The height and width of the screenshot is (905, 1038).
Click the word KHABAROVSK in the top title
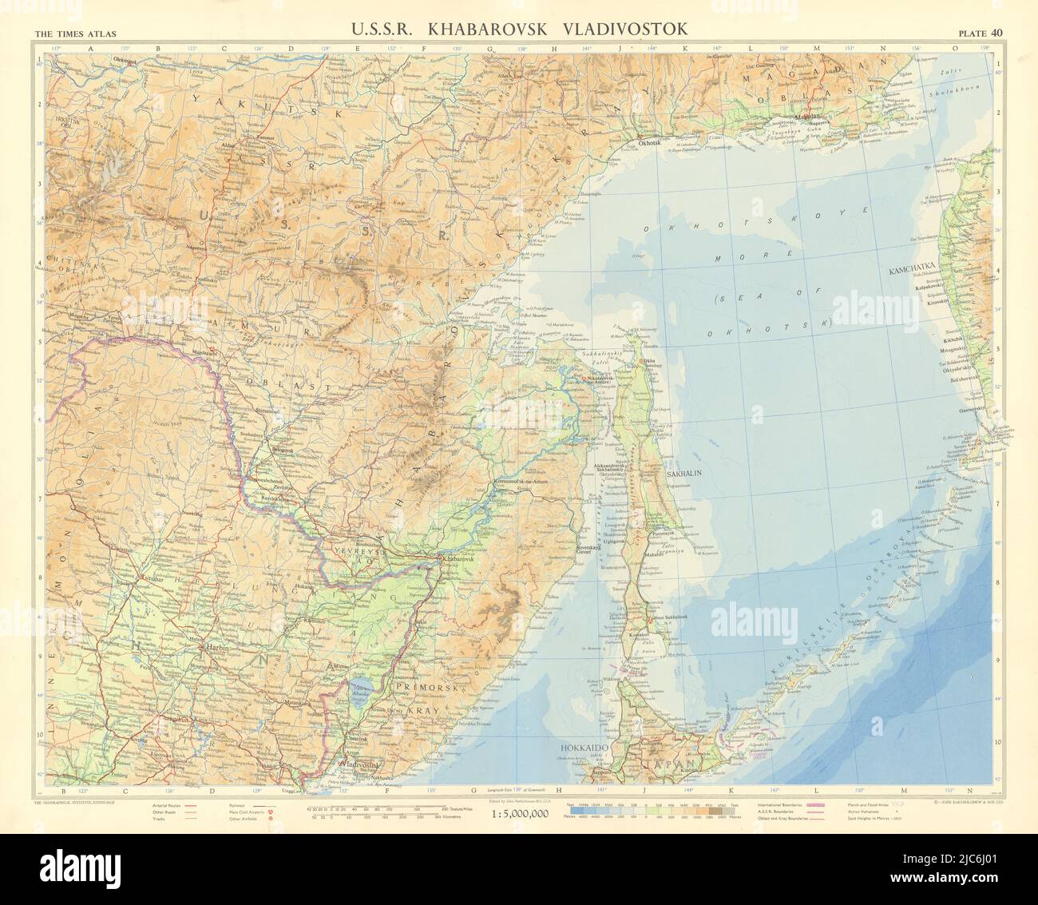click(x=504, y=29)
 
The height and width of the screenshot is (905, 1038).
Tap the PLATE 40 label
click(x=981, y=33)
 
